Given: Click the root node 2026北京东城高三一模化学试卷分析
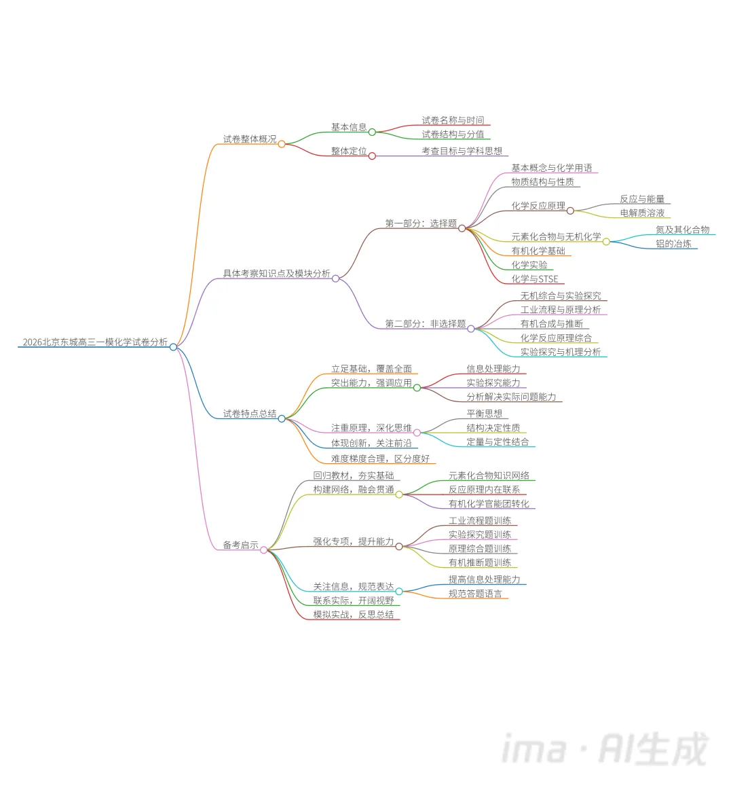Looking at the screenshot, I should coord(95,342).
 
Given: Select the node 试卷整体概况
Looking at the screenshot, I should coord(250,139).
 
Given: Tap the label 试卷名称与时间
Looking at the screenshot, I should coord(453,120).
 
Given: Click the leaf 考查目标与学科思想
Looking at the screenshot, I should coord(462,151).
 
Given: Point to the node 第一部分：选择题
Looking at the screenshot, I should coord(421,223).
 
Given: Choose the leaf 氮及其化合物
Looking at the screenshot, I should coord(682,230).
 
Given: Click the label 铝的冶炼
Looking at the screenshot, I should coord(673,244).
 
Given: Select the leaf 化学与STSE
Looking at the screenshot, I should coord(535,278).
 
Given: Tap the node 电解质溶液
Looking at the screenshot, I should coord(642,213).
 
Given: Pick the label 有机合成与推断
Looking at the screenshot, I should coord(551,324).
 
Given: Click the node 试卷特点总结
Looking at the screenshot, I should coord(250,414).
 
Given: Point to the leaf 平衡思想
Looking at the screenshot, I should coord(484,414).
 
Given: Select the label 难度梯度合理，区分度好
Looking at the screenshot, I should coord(380,459).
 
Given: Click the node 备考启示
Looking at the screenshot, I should coord(240,545).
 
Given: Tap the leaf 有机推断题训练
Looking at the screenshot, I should coord(480,563).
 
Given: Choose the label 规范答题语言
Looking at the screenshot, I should coord(475,594).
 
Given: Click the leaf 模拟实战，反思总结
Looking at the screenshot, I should coord(353,615).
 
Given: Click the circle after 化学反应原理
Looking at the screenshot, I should coord(570,211).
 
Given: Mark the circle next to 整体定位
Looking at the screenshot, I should coord(372,156).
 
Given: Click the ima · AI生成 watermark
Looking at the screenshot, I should coord(604,749).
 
